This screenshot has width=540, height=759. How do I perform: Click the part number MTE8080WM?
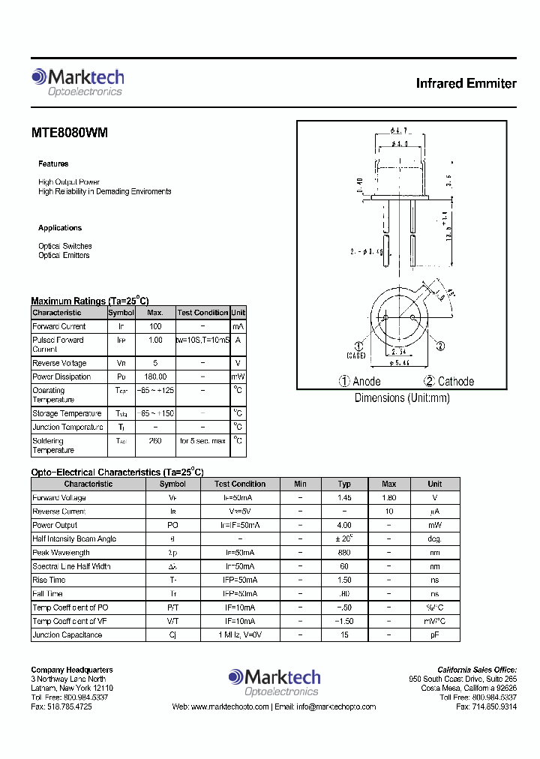tap(69, 133)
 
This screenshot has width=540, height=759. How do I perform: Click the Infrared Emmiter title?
tap(466, 83)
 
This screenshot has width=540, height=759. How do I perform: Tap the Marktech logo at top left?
tap(77, 82)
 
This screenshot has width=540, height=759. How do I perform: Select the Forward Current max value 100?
tap(155, 326)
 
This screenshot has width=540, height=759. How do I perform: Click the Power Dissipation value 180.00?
tap(155, 376)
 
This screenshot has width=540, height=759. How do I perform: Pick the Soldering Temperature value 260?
tap(155, 441)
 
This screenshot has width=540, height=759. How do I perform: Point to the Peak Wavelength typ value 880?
tap(344, 553)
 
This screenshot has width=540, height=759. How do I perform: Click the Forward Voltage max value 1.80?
tap(388, 498)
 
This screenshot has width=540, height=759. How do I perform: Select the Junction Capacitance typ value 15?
tap(344, 635)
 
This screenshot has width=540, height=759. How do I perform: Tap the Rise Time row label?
tap(49, 580)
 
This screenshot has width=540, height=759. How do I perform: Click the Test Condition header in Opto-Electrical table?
tap(240, 484)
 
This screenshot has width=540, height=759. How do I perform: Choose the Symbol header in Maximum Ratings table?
tap(121, 313)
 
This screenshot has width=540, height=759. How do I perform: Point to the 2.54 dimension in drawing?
tap(399, 351)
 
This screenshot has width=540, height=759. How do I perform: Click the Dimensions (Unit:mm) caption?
tap(402, 398)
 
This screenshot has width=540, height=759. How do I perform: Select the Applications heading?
tap(60, 228)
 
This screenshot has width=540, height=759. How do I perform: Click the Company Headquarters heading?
tap(72, 670)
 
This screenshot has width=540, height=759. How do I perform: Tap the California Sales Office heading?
tap(477, 670)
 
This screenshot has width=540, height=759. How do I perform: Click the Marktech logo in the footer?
tap(274, 681)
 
